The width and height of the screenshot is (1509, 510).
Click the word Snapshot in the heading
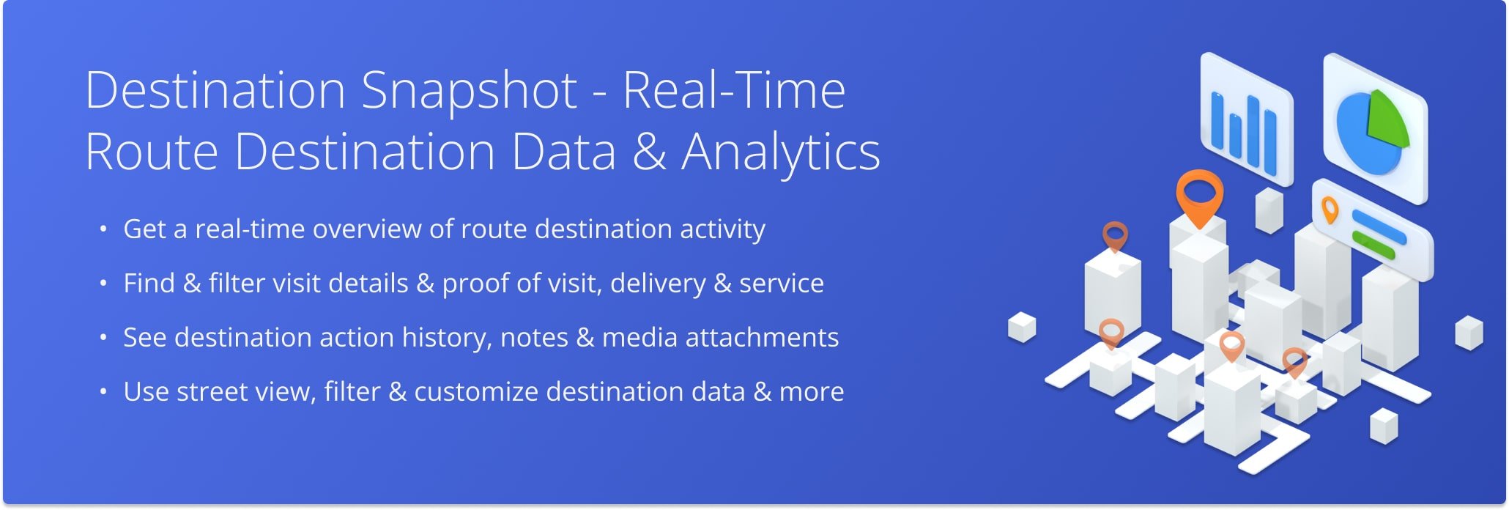(x=469, y=92)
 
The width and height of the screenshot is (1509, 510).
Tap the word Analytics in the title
(x=781, y=153)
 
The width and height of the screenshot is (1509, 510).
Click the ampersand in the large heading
(x=648, y=152)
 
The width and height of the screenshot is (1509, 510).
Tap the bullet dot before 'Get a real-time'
(x=103, y=229)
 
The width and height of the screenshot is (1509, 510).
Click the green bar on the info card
(x=1373, y=245)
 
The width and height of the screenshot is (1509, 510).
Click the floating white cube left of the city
(x=1022, y=327)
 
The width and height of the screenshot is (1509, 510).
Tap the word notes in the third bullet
(x=534, y=339)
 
